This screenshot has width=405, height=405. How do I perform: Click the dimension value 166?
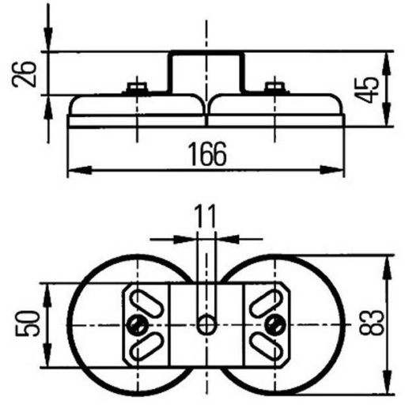pos(207,154)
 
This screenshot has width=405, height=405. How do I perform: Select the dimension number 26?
pos(24,74)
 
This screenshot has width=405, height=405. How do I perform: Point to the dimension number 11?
pos(205,217)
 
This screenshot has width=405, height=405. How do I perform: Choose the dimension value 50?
pos(28,324)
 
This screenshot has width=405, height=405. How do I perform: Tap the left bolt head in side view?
pos(137,87)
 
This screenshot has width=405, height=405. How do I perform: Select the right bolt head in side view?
pos(274,87)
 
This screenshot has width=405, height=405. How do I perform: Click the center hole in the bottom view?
pos(206,324)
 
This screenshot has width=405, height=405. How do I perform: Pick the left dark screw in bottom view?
pos(137,324)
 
